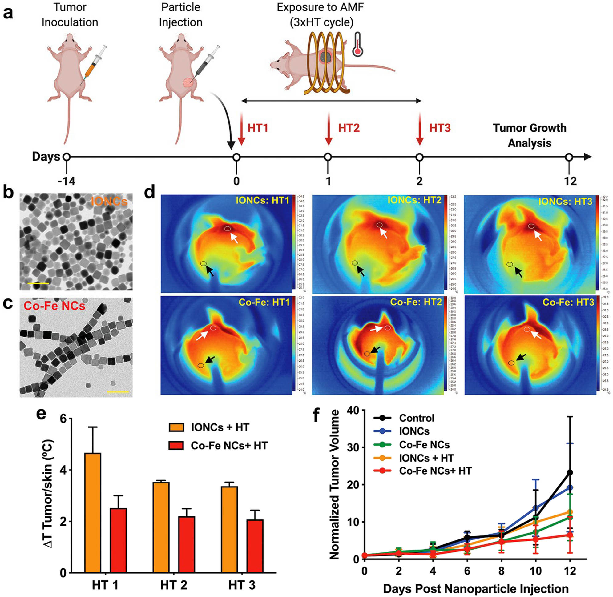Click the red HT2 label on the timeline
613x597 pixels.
[349, 128]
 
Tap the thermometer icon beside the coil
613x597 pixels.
[357, 44]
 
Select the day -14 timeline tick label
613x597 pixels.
[67, 181]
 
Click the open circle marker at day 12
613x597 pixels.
[569, 157]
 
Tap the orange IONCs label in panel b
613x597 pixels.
[109, 201]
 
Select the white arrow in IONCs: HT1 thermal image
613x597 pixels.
[234, 238]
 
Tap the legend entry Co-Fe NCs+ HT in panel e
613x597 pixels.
[229, 446]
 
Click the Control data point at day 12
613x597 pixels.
[570, 472]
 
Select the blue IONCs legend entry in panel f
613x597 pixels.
[414, 431]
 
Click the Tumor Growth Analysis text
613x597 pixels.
[530, 135]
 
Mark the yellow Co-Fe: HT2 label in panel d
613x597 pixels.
[416, 302]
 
